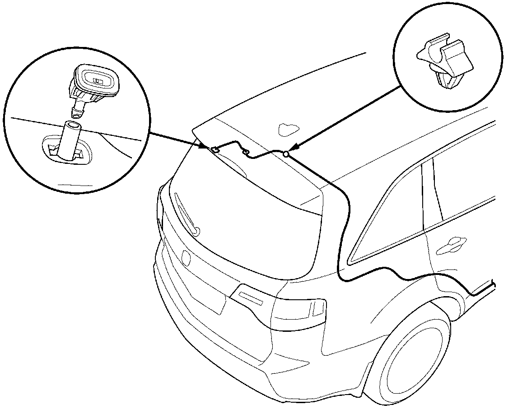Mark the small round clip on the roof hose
point(286,154)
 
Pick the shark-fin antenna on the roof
point(286,130)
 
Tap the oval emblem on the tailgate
point(185,257)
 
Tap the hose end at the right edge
point(494,284)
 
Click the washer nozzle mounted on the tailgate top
point(216,149)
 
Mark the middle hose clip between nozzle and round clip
point(246,153)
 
